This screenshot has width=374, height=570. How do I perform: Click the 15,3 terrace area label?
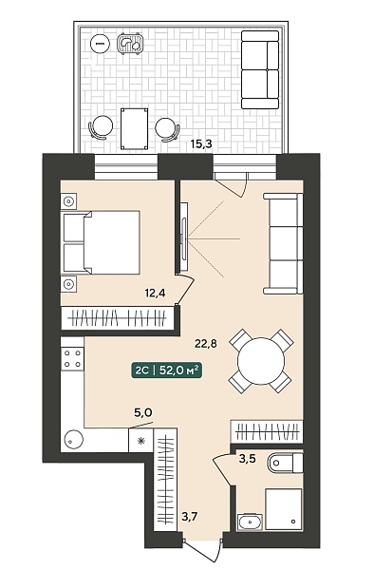click(201, 144)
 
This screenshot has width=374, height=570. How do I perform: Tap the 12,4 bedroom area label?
click(155, 293)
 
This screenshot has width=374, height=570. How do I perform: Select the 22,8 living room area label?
click(206, 343)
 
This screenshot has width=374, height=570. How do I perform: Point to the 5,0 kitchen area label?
click(143, 412)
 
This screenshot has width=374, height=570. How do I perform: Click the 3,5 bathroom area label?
click(247, 459)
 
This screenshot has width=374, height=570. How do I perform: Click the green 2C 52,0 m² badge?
click(166, 370)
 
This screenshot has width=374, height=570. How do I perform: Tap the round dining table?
click(261, 361)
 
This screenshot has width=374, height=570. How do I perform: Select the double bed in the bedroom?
click(102, 242)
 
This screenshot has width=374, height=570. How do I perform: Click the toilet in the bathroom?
click(285, 463)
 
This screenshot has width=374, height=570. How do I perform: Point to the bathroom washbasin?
click(249, 522)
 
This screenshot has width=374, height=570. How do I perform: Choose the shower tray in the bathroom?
click(284, 509)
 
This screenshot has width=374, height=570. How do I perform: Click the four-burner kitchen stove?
click(73, 358)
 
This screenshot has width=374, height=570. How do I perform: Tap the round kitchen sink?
click(74, 440)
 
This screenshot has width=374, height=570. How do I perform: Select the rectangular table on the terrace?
click(135, 128)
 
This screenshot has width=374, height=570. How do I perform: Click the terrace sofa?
click(260, 69)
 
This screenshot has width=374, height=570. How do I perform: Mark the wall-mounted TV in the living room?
click(184, 237)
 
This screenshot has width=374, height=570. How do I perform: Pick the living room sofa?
click(284, 243)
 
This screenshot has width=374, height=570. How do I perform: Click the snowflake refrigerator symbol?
click(140, 441)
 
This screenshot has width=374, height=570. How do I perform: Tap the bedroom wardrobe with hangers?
click(117, 318)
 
